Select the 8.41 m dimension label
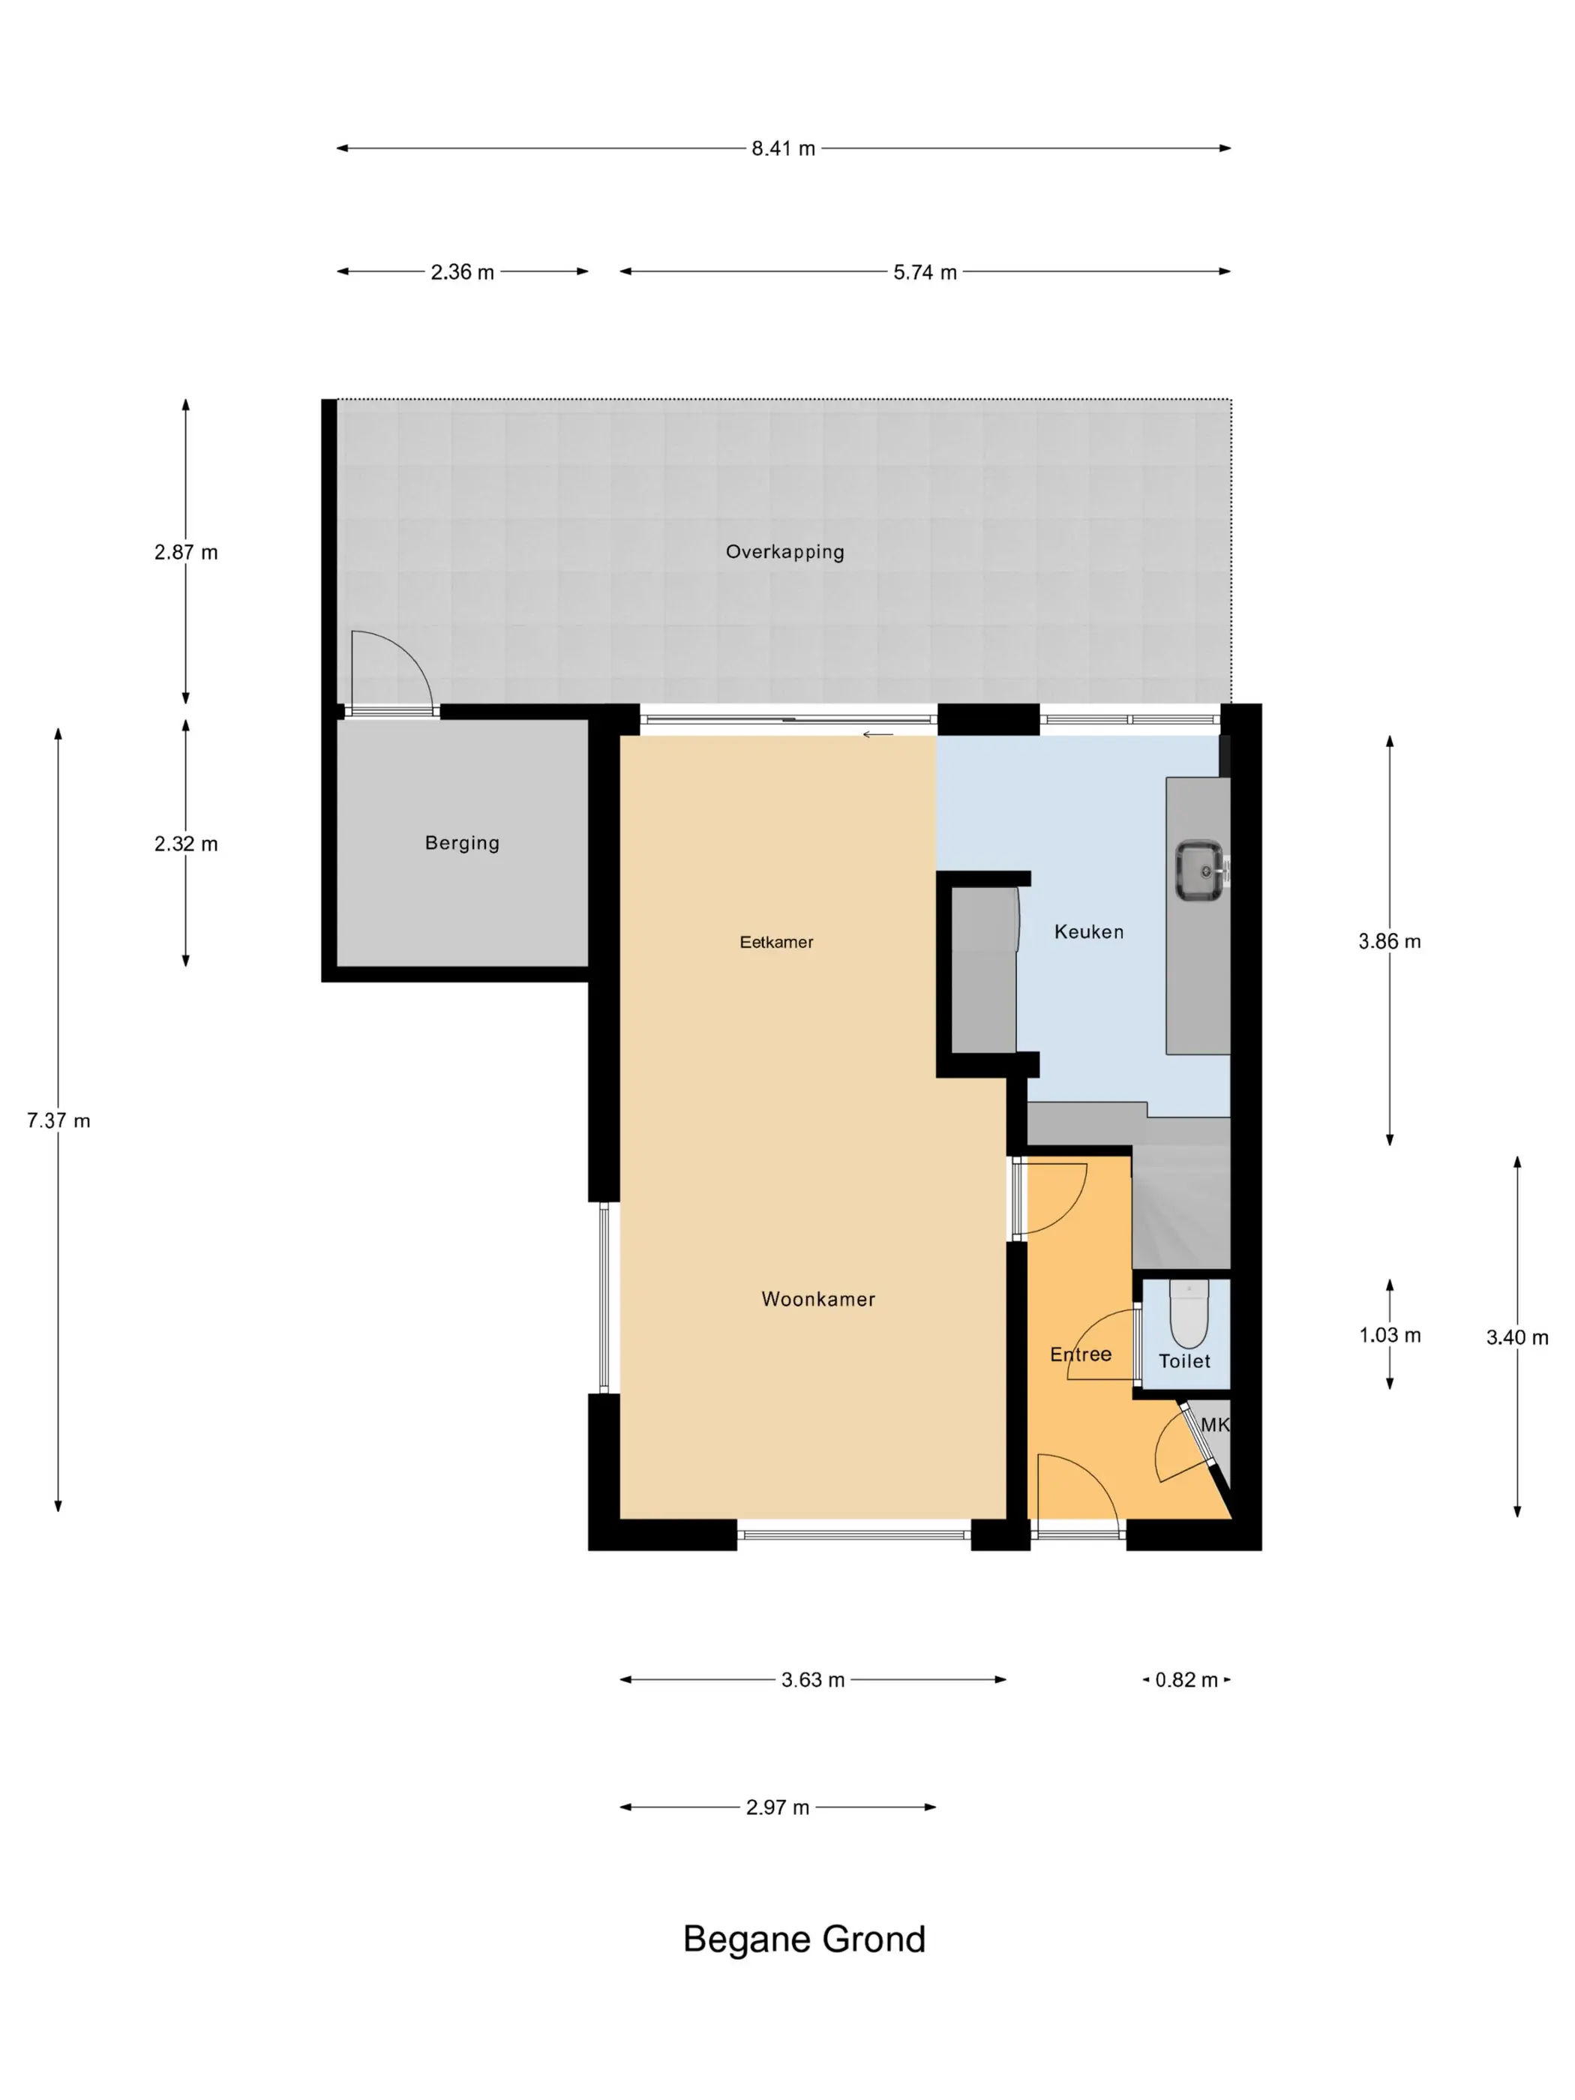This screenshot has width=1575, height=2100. [783, 148]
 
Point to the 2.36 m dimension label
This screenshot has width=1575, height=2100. [462, 272]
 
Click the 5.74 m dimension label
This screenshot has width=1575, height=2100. [925, 272]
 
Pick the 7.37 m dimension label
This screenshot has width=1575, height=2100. [58, 1120]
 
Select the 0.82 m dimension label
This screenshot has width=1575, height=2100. [1186, 1679]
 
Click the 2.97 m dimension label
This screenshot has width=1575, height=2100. [778, 1807]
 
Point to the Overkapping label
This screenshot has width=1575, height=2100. [785, 551]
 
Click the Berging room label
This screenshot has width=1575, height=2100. [462, 843]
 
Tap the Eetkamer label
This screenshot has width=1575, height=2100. [776, 942]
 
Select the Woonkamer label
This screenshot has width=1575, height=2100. [818, 1299]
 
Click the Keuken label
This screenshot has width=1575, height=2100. [1089, 932]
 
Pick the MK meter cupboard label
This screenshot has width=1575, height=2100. [1215, 1424]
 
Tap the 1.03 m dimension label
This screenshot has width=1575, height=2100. [1389, 1335]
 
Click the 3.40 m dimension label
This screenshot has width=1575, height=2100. [1517, 1338]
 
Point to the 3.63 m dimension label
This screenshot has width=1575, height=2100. [813, 1679]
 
